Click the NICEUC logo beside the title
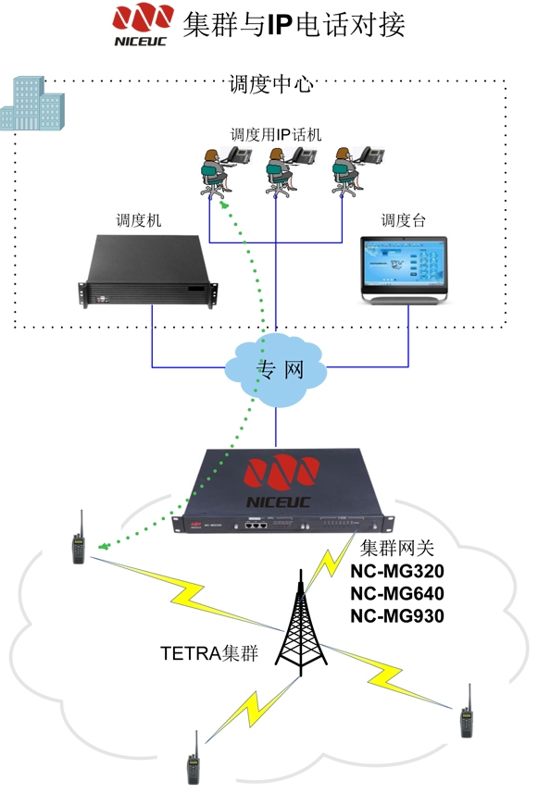coord(142,24)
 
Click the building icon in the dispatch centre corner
coord(31,104)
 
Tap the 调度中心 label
coord(270,84)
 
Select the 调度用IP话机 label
coord(276,134)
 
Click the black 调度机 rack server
coord(148,270)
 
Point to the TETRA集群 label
coord(209,653)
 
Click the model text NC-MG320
coord(397,571)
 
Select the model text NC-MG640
coord(397,593)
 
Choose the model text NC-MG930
coord(397,615)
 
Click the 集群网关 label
coord(397,548)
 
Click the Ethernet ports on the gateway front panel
coord(256,525)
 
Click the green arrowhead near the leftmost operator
coord(223,204)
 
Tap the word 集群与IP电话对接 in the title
coord(294,24)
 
